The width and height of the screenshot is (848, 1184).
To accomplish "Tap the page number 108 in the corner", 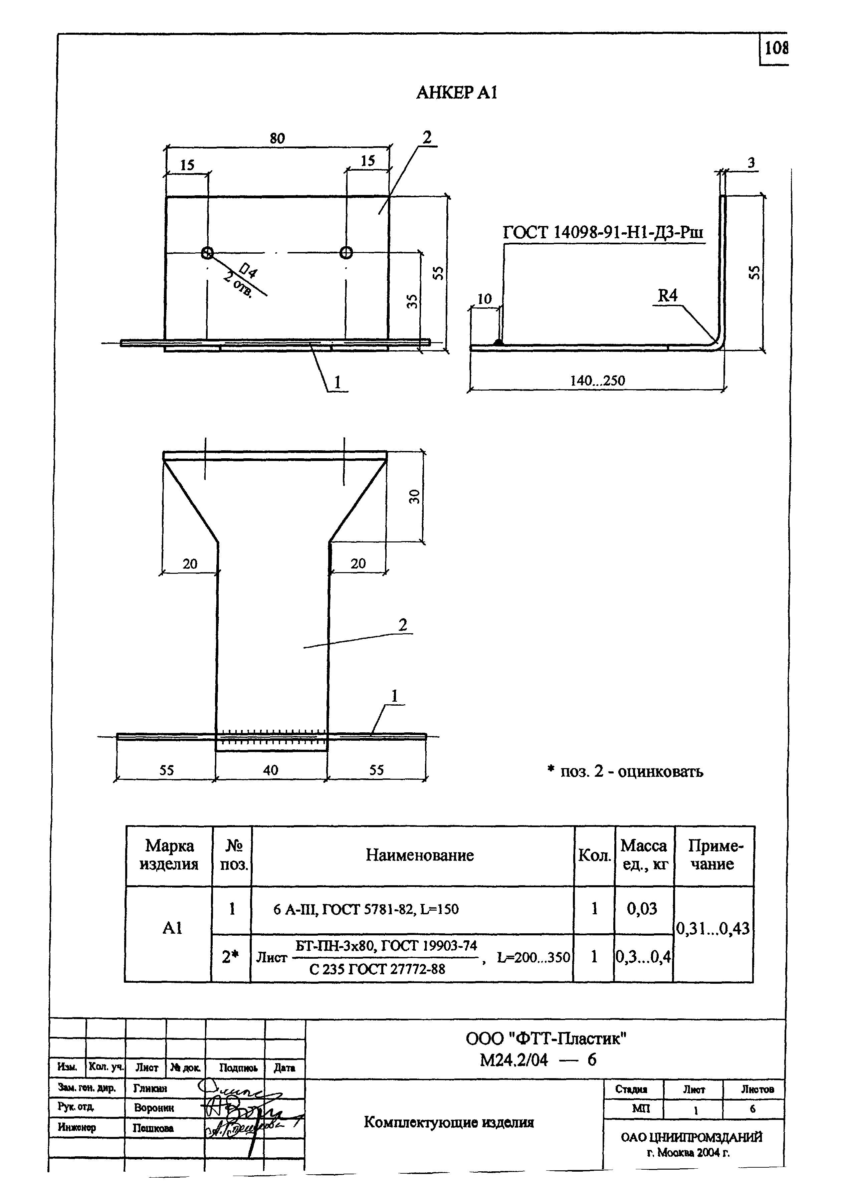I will [x=776, y=48].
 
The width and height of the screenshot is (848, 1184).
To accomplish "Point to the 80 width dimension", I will [x=277, y=138].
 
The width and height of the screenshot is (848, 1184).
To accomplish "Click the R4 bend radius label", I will [x=667, y=296].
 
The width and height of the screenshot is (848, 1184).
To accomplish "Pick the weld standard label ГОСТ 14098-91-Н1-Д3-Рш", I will [x=603, y=232].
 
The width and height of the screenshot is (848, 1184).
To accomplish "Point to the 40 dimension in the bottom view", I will [x=270, y=770].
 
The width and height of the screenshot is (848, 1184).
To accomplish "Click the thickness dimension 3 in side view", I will [x=751, y=163].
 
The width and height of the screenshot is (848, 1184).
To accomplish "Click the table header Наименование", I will [x=419, y=855].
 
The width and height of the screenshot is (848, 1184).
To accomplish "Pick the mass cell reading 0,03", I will [x=642, y=909].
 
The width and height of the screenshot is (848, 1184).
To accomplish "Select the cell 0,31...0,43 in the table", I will [x=713, y=928].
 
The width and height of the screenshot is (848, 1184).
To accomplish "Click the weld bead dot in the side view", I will [x=499, y=342].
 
